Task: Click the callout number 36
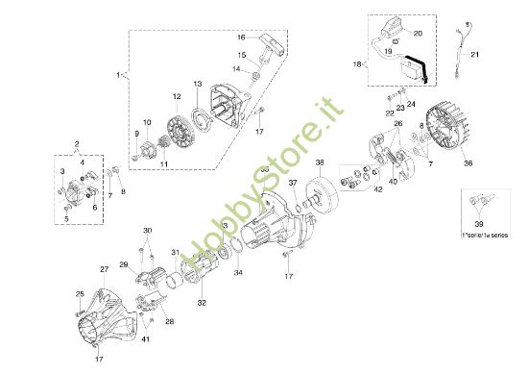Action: click(468, 164)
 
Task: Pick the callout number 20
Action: click(419, 34)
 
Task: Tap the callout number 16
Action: click(242, 37)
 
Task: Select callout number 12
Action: click(177, 96)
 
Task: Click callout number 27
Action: click(104, 269)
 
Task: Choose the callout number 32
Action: click(201, 302)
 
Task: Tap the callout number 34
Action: click(239, 272)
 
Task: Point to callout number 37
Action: click(294, 181)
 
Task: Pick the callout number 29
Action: click(124, 264)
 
